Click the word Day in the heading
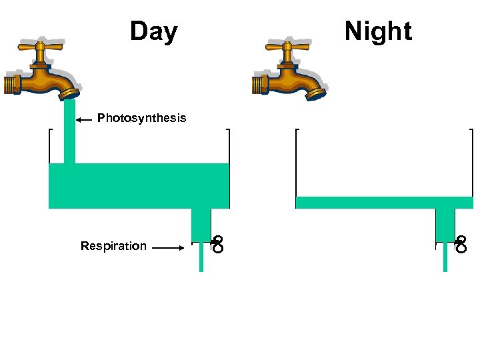(153, 31)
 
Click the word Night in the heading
(378, 31)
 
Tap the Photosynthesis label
(142, 118)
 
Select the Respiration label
(113, 246)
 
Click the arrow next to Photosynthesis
(83, 120)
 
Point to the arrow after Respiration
(167, 248)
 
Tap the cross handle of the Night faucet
(287, 49)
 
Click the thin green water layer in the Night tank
(384, 203)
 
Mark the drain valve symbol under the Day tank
(217, 245)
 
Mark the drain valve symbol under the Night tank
(461, 245)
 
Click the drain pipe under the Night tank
(445, 223)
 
